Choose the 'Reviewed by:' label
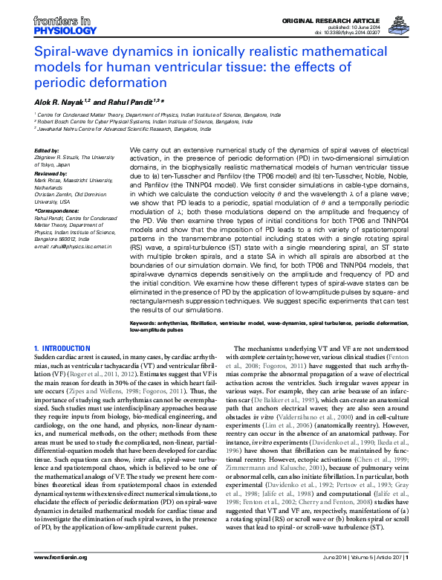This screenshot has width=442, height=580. pyautogui.click(x=51, y=171)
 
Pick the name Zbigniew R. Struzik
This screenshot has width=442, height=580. pyautogui.click(x=63, y=158)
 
